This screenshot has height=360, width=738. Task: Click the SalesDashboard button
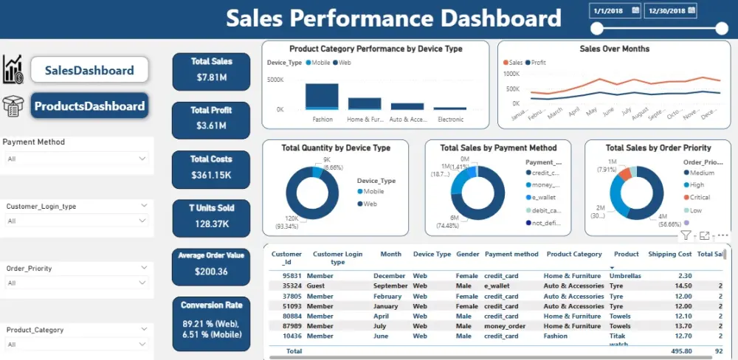[x=89, y=71]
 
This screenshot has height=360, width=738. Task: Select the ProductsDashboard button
[x=89, y=106]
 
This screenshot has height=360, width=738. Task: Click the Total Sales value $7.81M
[x=211, y=77]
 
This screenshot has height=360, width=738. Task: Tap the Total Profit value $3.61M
[x=211, y=126]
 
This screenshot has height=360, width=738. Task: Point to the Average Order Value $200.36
[x=211, y=271]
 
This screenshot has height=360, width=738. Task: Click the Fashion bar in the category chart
[x=322, y=96]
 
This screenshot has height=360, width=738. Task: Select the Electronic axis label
[x=450, y=120]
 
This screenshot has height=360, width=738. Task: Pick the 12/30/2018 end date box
[x=670, y=10]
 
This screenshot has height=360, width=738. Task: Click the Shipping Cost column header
[x=669, y=255]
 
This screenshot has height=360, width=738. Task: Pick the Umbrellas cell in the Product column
[x=624, y=276]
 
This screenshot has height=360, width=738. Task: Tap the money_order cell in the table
[x=505, y=325]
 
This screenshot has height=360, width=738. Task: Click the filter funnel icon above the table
[x=686, y=235]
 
